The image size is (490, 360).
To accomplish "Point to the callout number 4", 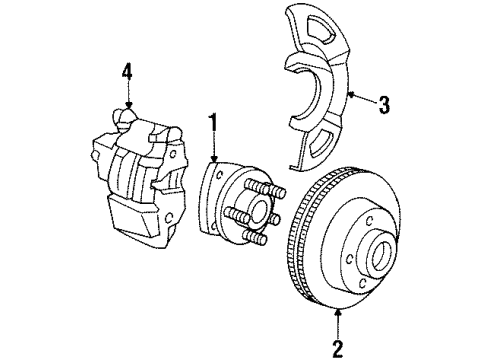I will click(x=125, y=71).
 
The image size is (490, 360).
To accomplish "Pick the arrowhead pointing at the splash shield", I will click(x=350, y=95).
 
